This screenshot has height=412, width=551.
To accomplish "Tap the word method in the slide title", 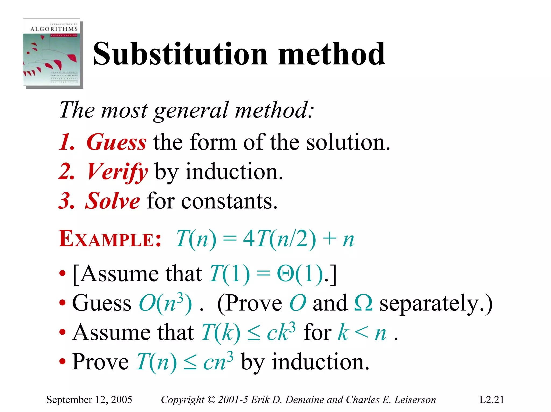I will pos(331,54).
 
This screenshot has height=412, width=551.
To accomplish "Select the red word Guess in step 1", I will pos(116,142).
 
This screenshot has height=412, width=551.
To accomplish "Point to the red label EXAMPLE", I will pos(110,239).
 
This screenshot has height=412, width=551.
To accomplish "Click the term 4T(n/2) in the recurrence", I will pos(279,239).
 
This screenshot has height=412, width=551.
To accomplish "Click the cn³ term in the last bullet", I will pos(218,362).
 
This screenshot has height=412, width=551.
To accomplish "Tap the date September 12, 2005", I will pos(89,400).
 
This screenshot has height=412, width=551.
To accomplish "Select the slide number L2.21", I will pos(492,400).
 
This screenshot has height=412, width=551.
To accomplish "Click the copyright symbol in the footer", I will pos(211,400).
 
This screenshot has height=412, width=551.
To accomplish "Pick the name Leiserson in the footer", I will pos(415,400).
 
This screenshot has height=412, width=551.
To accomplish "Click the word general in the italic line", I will pos(191,110).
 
